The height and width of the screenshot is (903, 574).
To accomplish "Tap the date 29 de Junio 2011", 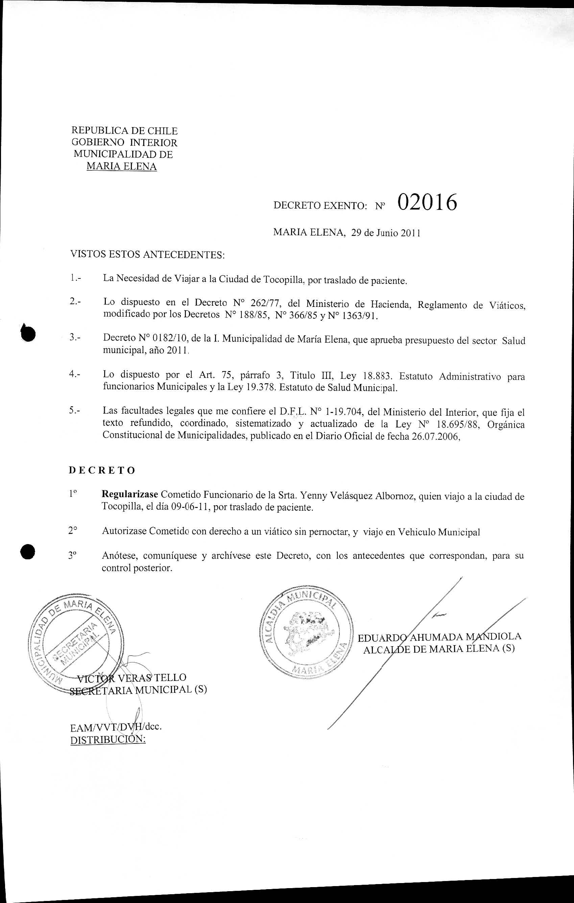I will [385, 233].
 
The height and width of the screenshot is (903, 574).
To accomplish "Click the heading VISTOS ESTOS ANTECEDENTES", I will [147, 255].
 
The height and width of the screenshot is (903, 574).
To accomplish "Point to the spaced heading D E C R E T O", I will [102, 471].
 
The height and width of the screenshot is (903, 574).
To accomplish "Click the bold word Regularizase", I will [131, 496].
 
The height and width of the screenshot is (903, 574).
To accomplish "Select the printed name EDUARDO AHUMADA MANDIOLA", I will [440, 636].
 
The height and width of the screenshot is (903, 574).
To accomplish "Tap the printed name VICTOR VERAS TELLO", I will [131, 678].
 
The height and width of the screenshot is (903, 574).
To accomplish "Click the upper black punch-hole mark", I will [28, 332].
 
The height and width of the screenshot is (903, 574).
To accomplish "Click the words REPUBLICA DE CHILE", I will [124, 131].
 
